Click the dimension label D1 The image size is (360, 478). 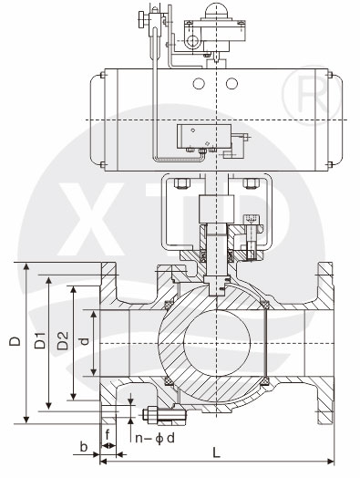(x=40, y=341)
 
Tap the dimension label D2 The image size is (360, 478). (x=63, y=341)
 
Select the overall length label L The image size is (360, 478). (x=216, y=452)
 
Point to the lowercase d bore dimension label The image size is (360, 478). (x=85, y=341)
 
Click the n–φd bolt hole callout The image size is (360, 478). (x=155, y=439)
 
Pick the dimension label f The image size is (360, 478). (x=108, y=435)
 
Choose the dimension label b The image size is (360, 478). (x=84, y=447)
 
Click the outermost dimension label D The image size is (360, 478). (x=15, y=341)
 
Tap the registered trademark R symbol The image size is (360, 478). (x=312, y=95)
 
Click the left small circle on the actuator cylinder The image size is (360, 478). (x=199, y=83)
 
